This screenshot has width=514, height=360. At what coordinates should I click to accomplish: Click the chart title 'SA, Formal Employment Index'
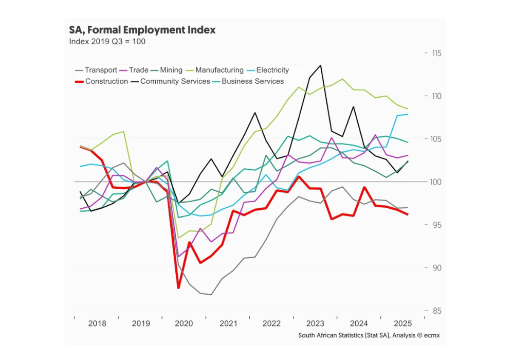pyautogui.click(x=142, y=30)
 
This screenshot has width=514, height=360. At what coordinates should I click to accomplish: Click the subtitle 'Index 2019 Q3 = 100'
pyautogui.click(x=107, y=42)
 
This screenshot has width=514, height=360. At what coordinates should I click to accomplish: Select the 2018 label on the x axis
pyautogui.click(x=97, y=323)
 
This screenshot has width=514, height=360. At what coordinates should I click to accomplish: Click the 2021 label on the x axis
pyautogui.click(x=228, y=323)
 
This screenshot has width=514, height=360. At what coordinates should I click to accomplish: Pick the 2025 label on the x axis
pyautogui.click(x=402, y=323)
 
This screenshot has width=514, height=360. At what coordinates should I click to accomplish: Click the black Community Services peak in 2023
pyautogui.click(x=321, y=65)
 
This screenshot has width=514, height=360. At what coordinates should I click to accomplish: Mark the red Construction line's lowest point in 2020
pyautogui.click(x=178, y=288)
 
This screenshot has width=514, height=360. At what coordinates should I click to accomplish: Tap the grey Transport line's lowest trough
pyautogui.click(x=211, y=295)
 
